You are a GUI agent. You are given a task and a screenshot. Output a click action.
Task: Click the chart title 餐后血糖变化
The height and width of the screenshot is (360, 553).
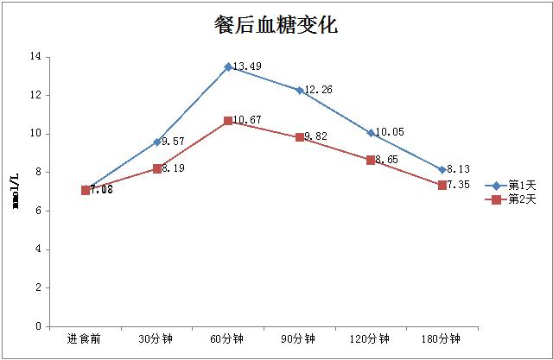tap(276, 25)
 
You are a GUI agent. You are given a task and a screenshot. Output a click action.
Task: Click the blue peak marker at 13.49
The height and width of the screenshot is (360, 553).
tap(228, 66)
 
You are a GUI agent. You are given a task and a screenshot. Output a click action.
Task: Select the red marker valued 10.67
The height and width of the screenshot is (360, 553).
tap(228, 121)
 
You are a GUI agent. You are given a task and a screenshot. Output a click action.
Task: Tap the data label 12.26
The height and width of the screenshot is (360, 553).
tap(318, 89)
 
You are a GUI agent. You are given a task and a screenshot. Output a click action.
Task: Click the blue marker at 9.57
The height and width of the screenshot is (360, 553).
tap(157, 142)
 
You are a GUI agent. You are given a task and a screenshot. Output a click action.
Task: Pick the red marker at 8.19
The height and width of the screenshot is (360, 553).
tap(157, 168)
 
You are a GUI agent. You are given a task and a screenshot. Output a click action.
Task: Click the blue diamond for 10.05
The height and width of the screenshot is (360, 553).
tap(371, 133)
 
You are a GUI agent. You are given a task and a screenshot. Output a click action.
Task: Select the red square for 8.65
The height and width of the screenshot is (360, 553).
tap(371, 160)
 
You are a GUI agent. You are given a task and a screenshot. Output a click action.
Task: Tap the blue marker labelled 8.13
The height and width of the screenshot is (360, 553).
tap(442, 170)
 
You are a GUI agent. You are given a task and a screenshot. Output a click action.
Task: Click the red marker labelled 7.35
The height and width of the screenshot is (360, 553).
tap(442, 185)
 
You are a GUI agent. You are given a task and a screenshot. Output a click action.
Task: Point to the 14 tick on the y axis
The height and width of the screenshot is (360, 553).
tap(36, 57)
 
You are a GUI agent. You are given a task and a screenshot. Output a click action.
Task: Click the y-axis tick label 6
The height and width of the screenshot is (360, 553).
tap(39, 211)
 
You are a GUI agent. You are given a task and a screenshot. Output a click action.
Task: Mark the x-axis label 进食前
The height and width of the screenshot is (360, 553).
tap(86, 338)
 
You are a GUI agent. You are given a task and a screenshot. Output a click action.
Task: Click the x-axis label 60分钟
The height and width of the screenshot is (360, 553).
tap(228, 338)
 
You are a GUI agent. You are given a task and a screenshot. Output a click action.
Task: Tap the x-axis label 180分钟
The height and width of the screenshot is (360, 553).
tap(442, 338)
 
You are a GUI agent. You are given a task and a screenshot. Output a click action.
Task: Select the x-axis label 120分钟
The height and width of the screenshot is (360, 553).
tap(371, 338)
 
